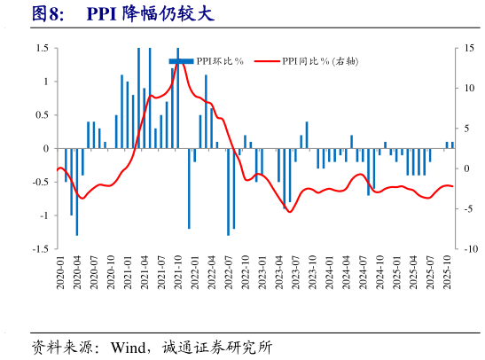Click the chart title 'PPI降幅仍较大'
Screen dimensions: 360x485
[150, 14]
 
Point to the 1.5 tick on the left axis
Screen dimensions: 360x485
[42, 48]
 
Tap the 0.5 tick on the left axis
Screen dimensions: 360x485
[42, 115]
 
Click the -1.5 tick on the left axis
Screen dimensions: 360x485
[40, 249]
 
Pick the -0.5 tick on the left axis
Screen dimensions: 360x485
[40, 183]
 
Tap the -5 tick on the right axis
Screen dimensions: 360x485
[470, 209]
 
